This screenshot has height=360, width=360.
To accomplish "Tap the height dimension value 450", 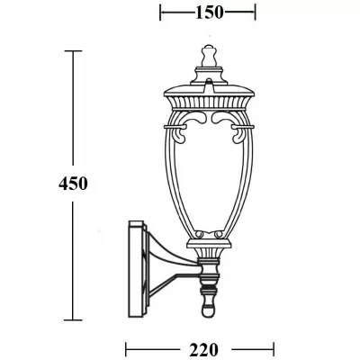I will [x=74, y=184].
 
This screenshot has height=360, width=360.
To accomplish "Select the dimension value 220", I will [x=200, y=347].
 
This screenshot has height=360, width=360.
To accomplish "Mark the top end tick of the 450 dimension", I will [x=74, y=52].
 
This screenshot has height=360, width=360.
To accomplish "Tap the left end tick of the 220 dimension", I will [x=125, y=347].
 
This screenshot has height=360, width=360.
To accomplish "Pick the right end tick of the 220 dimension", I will [x=274, y=347].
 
